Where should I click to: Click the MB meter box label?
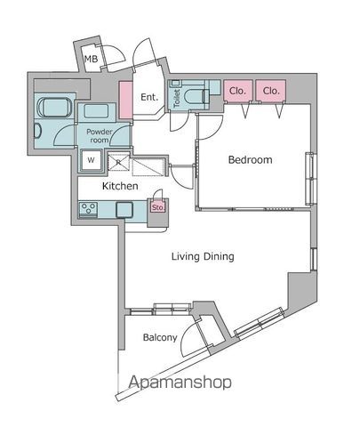click(x=91, y=59)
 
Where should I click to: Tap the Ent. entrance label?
click(x=149, y=97)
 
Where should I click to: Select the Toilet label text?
click(x=177, y=98)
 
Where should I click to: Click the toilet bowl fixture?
click(x=195, y=97)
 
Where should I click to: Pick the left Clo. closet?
click(x=238, y=91)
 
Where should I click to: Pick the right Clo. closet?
click(x=271, y=91)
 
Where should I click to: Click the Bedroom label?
click(x=251, y=159)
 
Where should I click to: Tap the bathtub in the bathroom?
click(x=54, y=108)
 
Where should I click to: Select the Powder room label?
click(x=100, y=136)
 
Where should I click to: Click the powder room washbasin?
click(x=96, y=111)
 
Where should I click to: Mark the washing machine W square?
click(x=92, y=160)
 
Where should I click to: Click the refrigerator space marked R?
click(x=118, y=162)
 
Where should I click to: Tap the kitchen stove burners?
click(x=88, y=210)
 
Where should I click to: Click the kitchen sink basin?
click(x=124, y=210)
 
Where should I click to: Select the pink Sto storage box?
click(x=157, y=207)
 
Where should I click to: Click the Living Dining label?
click(x=203, y=256)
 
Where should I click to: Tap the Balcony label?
click(x=160, y=337)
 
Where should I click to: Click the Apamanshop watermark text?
click(x=180, y=382)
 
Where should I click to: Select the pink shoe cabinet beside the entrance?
click(x=126, y=101)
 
